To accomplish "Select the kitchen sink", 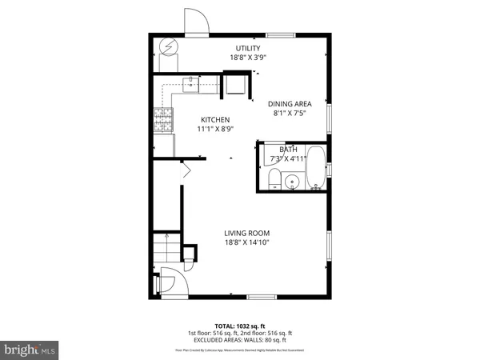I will tap(193, 81).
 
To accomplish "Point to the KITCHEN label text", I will tap(215, 120).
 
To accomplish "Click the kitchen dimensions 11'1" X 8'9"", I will tap(214, 129).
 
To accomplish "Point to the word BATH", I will tap(288, 150).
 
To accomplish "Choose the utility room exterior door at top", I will tap(197, 22).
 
